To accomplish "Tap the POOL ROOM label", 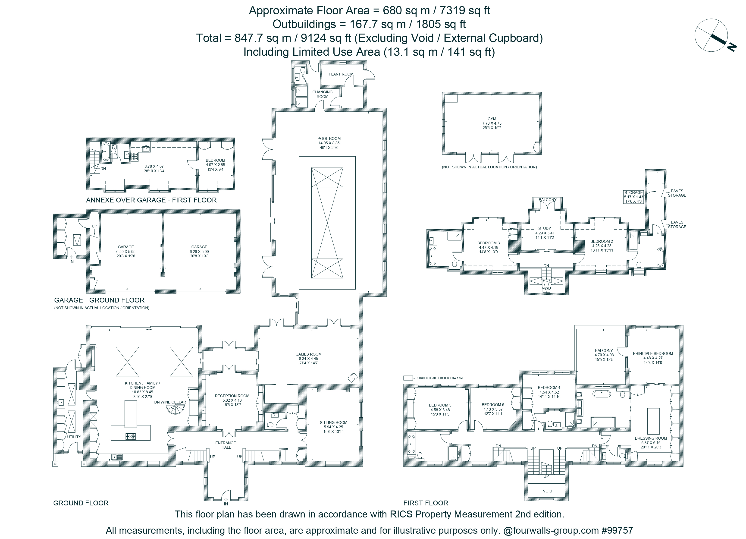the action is click(329, 139).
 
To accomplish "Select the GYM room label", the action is click(492, 119).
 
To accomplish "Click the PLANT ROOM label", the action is click(341, 74).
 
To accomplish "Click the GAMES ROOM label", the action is click(309, 354).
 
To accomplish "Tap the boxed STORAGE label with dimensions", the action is click(633, 197).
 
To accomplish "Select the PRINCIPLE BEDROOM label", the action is click(653, 353).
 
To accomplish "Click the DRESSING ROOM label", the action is click(651, 438).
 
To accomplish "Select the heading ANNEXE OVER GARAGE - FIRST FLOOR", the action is click(151, 200).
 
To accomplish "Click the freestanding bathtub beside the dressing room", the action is click(602, 394).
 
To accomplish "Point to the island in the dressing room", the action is click(653, 421).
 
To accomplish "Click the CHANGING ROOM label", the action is click(322, 94).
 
